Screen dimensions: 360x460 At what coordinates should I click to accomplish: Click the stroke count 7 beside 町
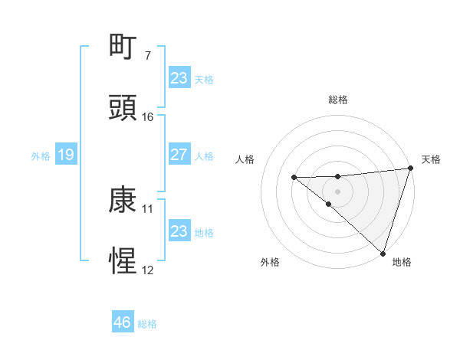(148, 56)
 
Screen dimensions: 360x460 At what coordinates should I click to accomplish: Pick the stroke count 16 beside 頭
(148, 117)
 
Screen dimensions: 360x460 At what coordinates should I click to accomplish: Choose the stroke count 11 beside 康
(148, 208)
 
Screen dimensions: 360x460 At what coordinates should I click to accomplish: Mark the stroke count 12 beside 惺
(148, 270)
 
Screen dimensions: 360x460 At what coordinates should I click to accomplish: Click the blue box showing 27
(179, 155)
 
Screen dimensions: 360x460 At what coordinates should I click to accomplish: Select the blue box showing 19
(65, 155)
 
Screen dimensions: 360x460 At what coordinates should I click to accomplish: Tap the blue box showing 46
(122, 322)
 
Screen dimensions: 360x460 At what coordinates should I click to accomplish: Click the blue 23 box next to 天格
(179, 78)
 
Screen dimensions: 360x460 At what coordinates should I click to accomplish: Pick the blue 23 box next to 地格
(179, 231)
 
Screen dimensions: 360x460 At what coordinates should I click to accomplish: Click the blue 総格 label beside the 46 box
(147, 324)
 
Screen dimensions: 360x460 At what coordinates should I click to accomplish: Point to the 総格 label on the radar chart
(338, 100)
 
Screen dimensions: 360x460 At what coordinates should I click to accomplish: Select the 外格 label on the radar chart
(270, 262)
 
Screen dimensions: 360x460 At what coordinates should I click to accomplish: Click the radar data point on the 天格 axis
(410, 169)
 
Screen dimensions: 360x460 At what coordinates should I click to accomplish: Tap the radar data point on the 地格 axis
(382, 253)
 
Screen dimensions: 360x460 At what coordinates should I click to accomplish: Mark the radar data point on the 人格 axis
(294, 178)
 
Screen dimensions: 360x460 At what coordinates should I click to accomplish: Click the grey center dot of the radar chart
(337, 190)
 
